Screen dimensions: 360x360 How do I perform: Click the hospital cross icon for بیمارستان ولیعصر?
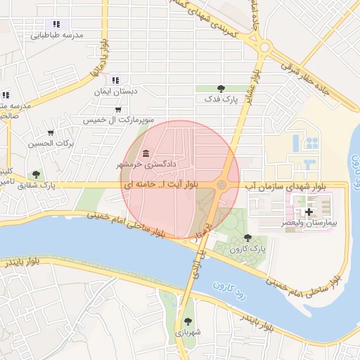tap(309, 211)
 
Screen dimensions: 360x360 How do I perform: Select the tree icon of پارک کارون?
tap(247, 238)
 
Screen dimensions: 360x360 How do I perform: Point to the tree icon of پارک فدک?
tap(221, 89)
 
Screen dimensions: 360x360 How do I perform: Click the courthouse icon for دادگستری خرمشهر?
tap(146, 153)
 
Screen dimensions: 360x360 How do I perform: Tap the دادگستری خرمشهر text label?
tap(165, 164)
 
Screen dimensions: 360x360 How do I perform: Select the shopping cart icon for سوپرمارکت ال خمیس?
tap(117, 109)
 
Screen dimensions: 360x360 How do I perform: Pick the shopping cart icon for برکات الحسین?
tap(51, 132)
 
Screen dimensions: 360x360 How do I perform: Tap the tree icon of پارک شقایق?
tap(36, 174)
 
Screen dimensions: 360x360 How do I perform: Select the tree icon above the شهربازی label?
tap(188, 321)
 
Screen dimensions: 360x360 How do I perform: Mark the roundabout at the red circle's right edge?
tap(222, 184)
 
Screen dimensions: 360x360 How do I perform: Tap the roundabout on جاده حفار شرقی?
tap(265, 48)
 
